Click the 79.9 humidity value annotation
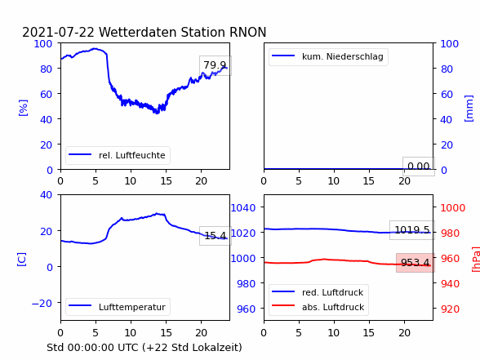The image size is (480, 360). point(216,65)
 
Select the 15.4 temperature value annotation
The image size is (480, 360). point(216,236)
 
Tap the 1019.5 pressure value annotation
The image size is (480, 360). point(412,230)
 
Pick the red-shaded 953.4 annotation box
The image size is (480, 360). point(415,263)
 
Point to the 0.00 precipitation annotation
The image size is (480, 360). point(419,167)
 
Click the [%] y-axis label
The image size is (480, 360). point(23,108)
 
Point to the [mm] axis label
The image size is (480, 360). point(469,109)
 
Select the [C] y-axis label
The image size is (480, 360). point(21,260)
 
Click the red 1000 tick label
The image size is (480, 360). point(453,208)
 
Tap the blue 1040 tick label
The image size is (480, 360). point(243,208)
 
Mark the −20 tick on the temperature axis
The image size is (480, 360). point(42,303)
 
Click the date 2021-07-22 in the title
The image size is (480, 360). point(58,32)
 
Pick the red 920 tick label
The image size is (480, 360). point(450,309)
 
